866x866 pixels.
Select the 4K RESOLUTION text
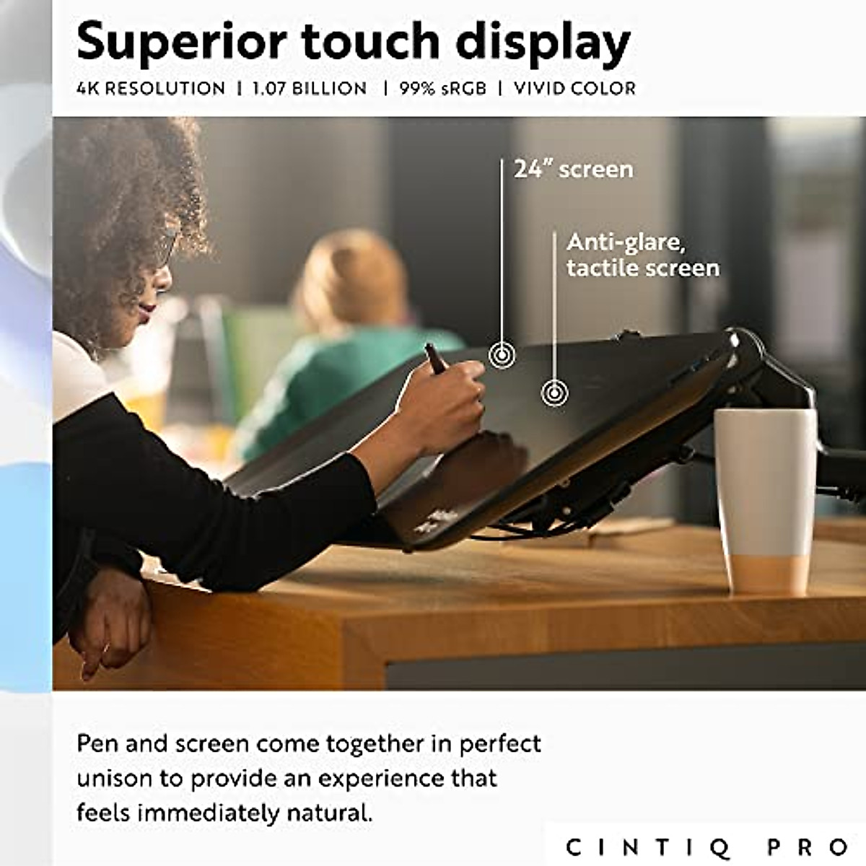151,89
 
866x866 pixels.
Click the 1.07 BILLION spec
310,89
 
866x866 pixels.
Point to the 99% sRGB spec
442,89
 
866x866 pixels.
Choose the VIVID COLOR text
574,89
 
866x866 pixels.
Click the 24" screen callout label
573,169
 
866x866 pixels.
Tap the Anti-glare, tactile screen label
642,255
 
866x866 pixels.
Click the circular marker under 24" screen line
502,355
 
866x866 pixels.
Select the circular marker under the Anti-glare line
554,393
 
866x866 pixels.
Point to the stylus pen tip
429,348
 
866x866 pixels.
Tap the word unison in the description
115,779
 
